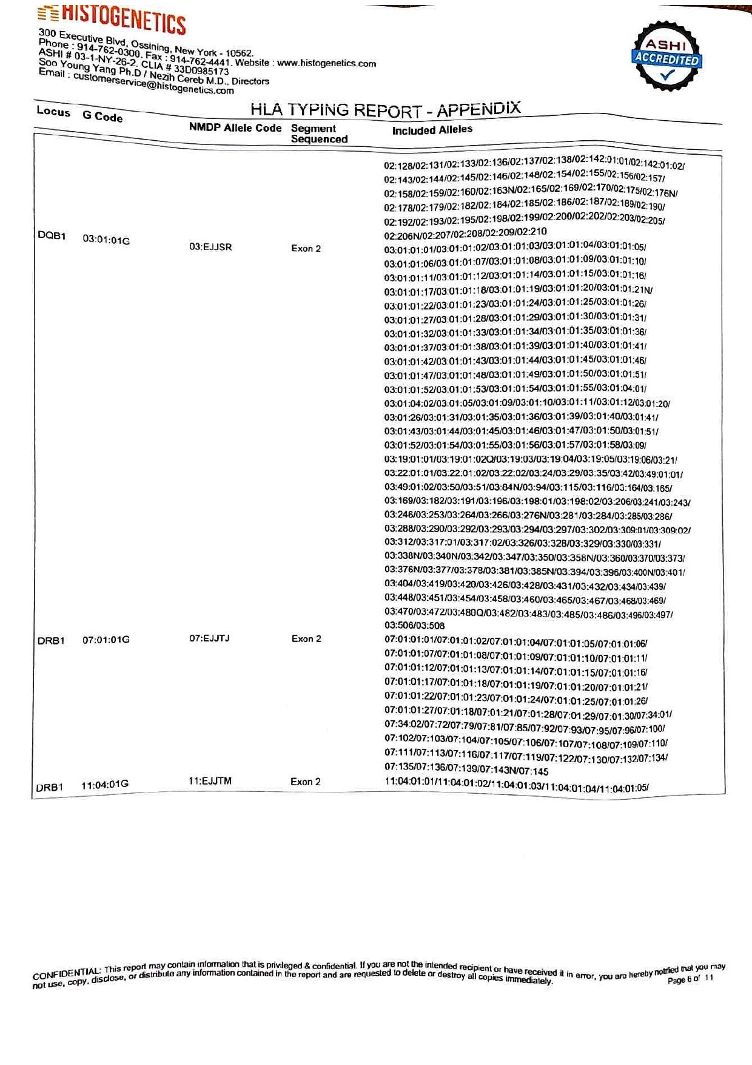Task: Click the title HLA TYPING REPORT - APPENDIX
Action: click(386, 110)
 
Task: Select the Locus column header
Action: click(53, 112)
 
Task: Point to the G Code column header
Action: click(102, 117)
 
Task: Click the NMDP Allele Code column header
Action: click(235, 127)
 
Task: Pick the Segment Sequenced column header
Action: click(319, 134)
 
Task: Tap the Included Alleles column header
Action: click(432, 130)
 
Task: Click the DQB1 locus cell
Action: click(52, 235)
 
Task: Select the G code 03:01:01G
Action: click(106, 240)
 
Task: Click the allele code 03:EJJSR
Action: click(210, 247)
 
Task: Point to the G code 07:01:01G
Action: click(106, 640)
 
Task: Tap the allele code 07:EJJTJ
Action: click(209, 638)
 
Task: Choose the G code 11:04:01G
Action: click(105, 785)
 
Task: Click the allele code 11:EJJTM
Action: click(210, 781)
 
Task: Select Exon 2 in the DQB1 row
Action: click(306, 248)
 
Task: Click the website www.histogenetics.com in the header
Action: click(326, 63)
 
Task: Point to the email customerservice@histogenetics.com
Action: click(153, 84)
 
